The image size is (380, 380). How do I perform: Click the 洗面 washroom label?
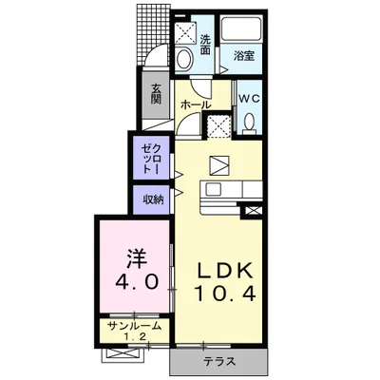coord(205,45)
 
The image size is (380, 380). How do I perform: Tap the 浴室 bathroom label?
coord(244,56)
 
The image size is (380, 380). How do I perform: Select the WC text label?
coord(249,99)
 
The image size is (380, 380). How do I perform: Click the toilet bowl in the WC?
coord(249,122)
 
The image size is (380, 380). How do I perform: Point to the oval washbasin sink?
coord(184,59)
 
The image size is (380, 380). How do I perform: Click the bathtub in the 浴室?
coord(241,28)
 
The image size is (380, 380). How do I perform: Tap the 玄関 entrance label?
coord(156,94)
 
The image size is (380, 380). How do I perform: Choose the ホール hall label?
coord(196,105)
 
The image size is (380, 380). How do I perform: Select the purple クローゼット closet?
coord(151,158)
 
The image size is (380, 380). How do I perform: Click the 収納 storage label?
coord(153,199)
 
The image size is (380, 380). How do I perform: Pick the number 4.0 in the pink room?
coord(137,281)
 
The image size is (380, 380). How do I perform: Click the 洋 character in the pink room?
coord(137,258)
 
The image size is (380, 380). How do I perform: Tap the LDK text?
coord(225,271)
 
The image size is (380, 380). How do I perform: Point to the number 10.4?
coord(225,294)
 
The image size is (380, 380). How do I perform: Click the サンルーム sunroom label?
coord(134,326)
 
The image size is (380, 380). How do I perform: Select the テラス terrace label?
coord(219,361)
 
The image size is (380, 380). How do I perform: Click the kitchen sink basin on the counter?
coord(213,190)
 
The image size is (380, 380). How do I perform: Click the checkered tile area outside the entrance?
coord(154,33)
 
